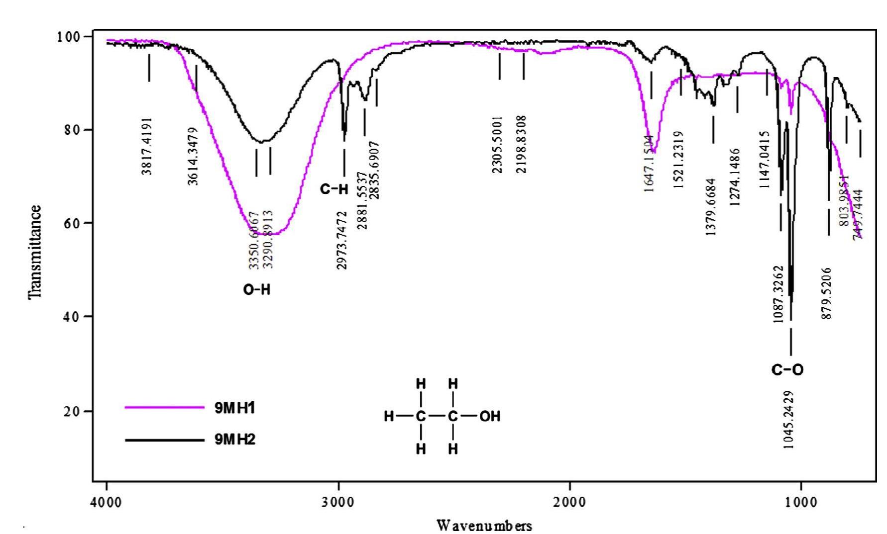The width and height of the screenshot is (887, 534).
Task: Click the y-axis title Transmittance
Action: tap(34, 252)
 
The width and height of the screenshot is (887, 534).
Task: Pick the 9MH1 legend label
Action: tap(234, 408)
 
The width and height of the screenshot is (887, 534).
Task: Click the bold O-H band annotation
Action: tap(256, 290)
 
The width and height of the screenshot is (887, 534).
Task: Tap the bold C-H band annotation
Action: tap(333, 189)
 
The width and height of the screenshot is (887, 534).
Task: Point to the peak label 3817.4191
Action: tap(146, 146)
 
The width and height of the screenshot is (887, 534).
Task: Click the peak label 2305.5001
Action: tap(497, 145)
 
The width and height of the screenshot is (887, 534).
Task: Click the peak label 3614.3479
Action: tap(193, 156)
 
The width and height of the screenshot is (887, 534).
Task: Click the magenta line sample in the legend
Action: tap(164, 407)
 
